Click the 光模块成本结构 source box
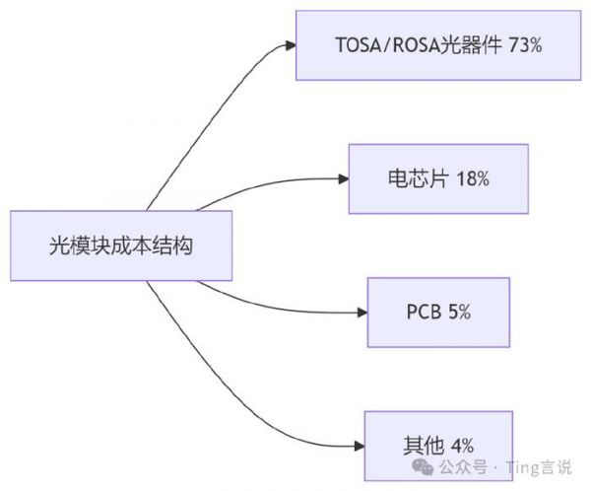coord(121,245)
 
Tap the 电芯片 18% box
coord(438,179)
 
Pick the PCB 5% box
coord(438,312)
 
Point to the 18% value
coord(472,179)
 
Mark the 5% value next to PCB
coord(460,312)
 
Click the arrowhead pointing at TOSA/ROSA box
coord(289,45)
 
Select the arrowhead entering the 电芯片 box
coord(342,179)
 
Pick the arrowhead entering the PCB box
coord(360,313)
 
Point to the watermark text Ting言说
coord(540,466)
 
